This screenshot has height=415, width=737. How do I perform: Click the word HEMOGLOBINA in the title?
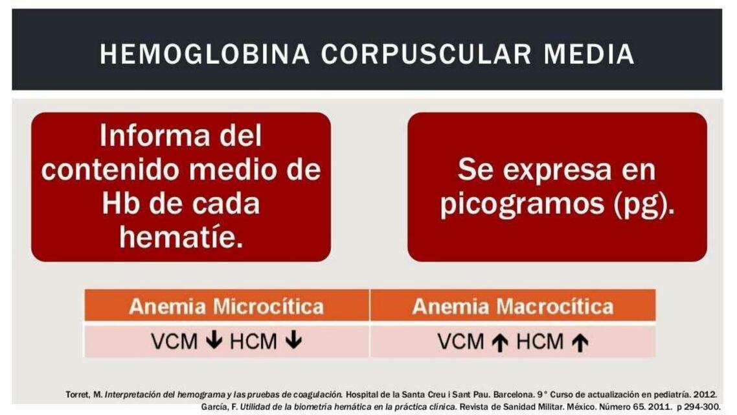coord(205,54)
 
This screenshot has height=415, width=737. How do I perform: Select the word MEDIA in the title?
coord(589,54)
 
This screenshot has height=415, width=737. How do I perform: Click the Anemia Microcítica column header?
coord(226,306)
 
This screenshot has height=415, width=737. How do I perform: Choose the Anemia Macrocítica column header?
coord(512,306)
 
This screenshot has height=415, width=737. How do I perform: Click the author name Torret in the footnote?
coord(75,394)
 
